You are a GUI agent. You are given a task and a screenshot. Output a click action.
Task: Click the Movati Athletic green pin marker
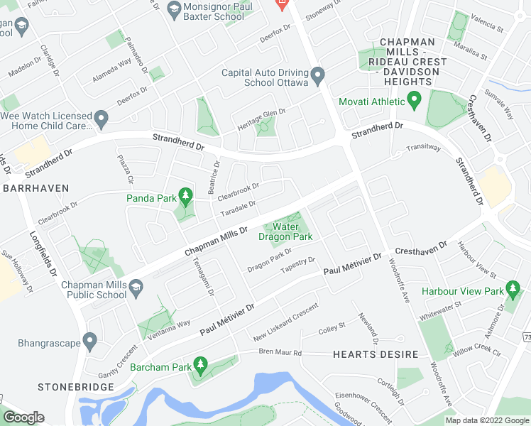point(416,102)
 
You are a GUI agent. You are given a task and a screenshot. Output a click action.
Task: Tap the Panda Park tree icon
point(185,195)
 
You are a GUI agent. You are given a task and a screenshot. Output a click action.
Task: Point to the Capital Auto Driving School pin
point(317,75)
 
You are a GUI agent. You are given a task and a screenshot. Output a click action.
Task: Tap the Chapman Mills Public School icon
point(136,286)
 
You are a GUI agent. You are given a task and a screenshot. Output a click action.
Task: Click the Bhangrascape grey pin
point(89,342)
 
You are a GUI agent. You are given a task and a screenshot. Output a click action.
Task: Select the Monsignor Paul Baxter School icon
point(174,9)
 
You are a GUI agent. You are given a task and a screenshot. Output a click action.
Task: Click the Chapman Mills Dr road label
point(216,241)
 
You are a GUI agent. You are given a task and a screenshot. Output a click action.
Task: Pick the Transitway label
point(423,148)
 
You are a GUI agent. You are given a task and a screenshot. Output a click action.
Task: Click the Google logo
point(24,417)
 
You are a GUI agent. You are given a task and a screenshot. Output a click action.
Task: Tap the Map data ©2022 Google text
point(487,420)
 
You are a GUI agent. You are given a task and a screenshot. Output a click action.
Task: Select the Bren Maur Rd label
point(280,352)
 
